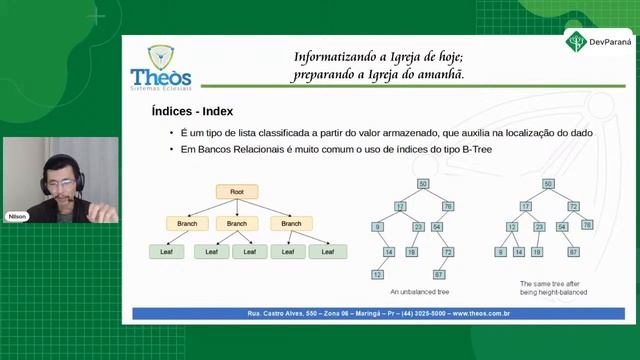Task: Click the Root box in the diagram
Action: tap(236, 191)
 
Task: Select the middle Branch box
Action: tap(236, 222)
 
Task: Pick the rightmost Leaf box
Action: tap(321, 251)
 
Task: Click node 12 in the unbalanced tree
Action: tap(378, 274)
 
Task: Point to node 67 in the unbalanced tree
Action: tap(439, 274)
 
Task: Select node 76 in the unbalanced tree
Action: tap(448, 206)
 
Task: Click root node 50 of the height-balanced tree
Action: tap(548, 184)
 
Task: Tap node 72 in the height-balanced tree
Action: tap(574, 206)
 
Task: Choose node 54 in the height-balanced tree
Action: tap(562, 227)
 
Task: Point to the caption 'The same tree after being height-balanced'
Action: tap(553, 288)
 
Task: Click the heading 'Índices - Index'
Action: tap(192, 111)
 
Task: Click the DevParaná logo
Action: tap(599, 42)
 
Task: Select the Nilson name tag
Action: tap(17, 216)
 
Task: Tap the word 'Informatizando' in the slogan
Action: tap(332, 57)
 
